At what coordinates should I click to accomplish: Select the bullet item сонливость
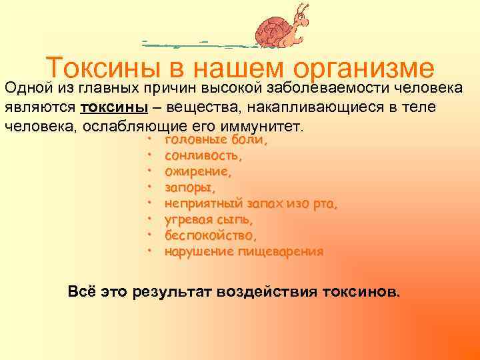(x=203, y=156)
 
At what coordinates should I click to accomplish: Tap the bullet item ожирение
(x=198, y=172)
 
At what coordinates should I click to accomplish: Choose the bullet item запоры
(x=190, y=188)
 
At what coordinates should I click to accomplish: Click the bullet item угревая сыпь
(x=209, y=219)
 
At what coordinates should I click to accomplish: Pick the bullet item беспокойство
(x=211, y=235)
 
